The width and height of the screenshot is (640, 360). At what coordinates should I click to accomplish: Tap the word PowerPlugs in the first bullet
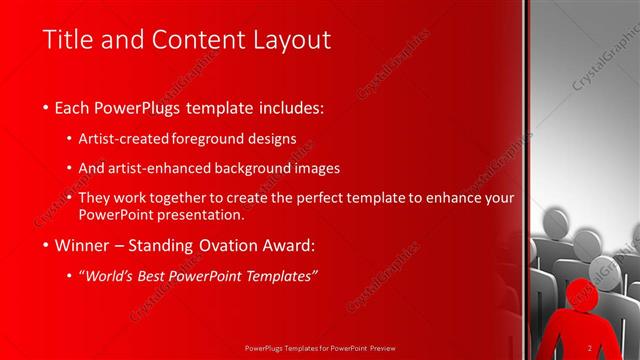point(139,107)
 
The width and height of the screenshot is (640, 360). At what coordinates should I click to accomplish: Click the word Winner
point(83,244)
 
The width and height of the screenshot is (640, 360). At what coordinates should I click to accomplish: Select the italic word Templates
point(283,275)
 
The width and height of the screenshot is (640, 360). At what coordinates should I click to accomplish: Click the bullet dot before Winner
point(47,245)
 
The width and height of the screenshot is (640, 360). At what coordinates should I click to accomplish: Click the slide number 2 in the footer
point(590,348)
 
